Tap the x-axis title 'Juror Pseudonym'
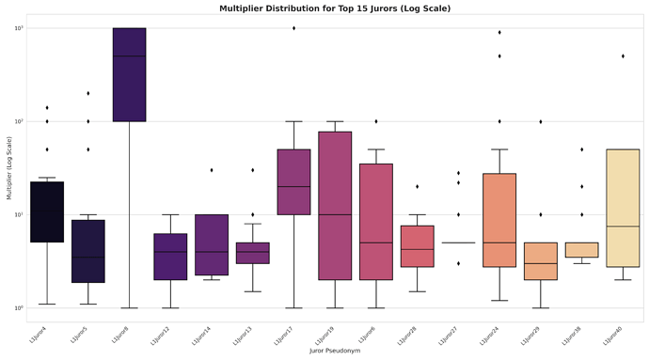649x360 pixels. (x=335, y=350)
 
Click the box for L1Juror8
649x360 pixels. (x=129, y=75)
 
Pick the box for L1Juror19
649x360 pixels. (x=335, y=206)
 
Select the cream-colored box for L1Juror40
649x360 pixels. (x=623, y=208)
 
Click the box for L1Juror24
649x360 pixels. (x=499, y=220)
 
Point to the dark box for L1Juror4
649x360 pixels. (x=47, y=211)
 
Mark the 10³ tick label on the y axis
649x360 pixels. (x=18, y=28)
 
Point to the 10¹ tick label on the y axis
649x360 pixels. (x=18, y=215)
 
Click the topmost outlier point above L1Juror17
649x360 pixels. (x=293, y=28)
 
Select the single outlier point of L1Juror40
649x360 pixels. (x=623, y=56)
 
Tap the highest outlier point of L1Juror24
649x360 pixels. (x=499, y=32)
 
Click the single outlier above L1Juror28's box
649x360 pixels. (x=418, y=186)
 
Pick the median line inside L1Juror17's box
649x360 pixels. (x=293, y=186)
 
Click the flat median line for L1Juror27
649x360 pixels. (x=458, y=243)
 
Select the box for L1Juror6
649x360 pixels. (x=376, y=222)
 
